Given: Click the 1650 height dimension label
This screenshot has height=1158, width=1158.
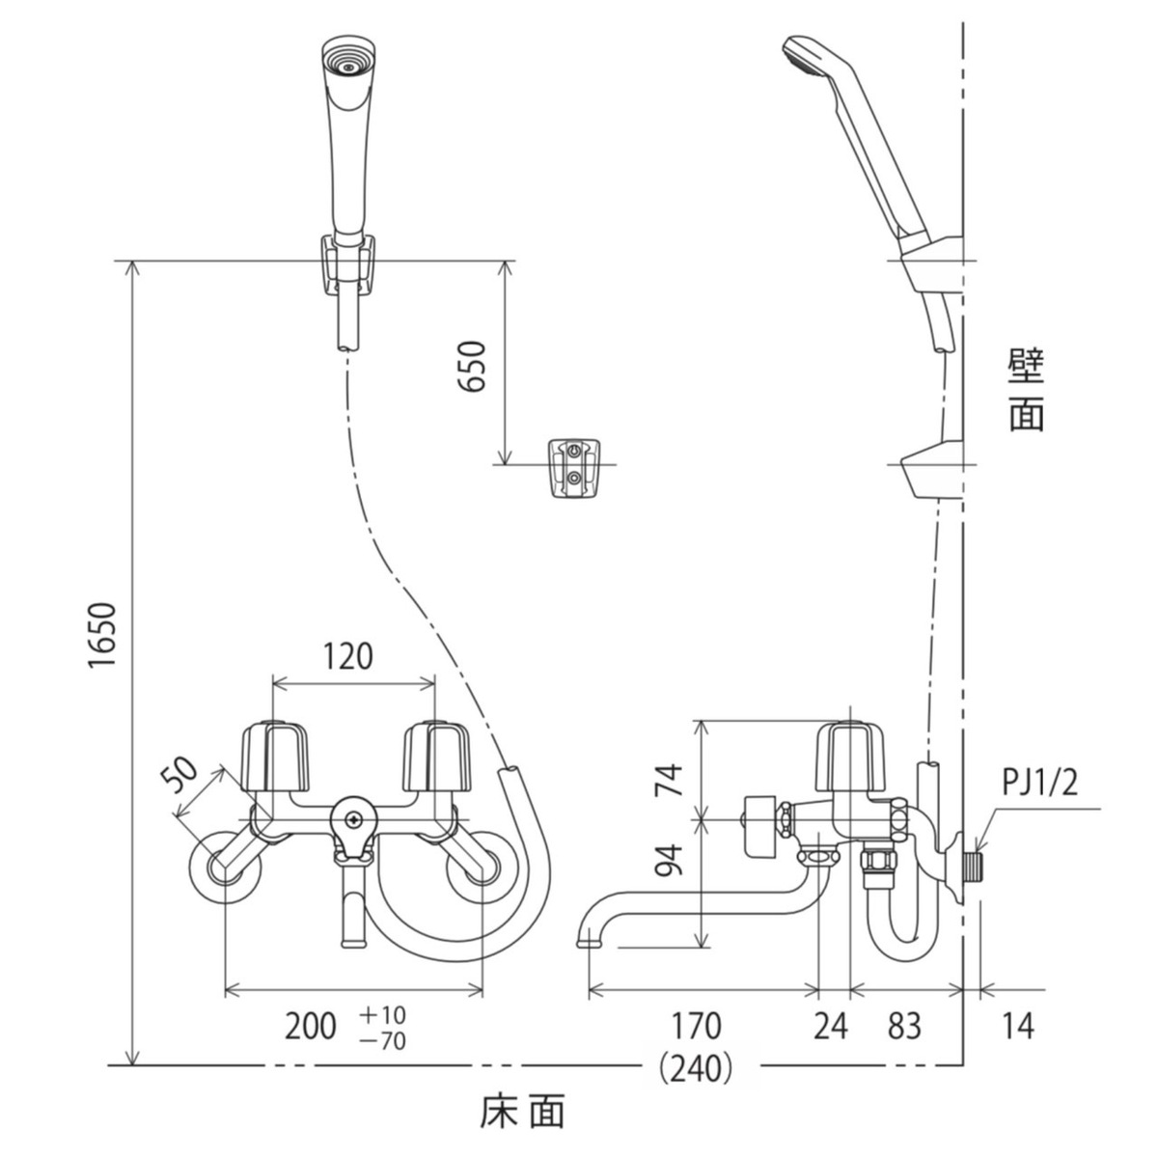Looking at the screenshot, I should pos(102,636).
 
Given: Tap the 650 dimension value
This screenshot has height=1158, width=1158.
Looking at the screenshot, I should pos(472,366).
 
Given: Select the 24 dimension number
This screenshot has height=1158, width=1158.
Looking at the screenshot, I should pos(830,1026).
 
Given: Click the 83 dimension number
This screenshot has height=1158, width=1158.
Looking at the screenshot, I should pos(903,1026).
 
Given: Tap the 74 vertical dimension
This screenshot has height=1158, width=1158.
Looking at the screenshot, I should pos(669,777).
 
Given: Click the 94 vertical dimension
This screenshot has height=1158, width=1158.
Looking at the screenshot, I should pos(669,858).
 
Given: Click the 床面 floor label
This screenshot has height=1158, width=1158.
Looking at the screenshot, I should pos(522,1113).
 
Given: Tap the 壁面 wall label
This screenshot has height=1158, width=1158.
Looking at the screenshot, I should pos(1027,390).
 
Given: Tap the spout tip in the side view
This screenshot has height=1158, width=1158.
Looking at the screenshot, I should pos(586,936).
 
